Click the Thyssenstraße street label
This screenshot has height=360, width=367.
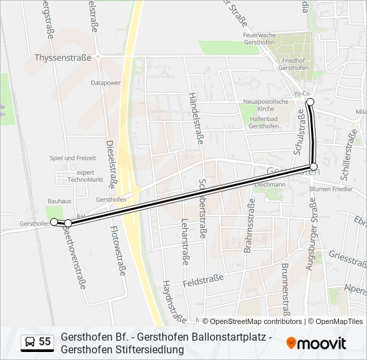click(62, 58)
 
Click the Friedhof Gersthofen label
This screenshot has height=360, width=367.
click(293, 64)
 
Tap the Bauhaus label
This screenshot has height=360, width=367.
click(59, 200)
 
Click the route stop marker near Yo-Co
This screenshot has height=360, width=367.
click(310, 102)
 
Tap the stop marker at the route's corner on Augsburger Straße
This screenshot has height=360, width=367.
click(313, 166)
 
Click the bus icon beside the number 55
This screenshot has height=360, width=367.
click(30, 342)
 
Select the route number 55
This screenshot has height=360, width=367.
click(45, 342)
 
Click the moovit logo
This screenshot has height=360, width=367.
click(316, 343)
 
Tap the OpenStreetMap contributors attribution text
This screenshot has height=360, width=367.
click(252, 321)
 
